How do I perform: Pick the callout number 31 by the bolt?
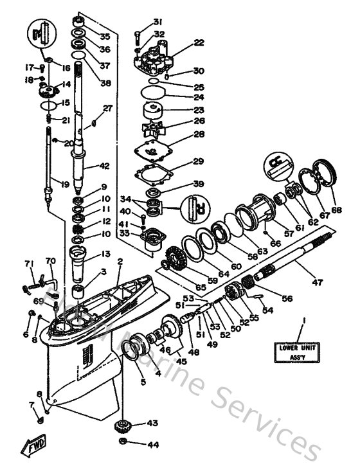(158, 22)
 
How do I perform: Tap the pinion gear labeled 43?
(123, 426)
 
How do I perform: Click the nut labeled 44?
(123, 444)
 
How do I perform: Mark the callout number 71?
(28, 264)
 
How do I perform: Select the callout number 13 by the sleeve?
(105, 254)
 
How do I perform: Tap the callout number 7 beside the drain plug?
(30, 404)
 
